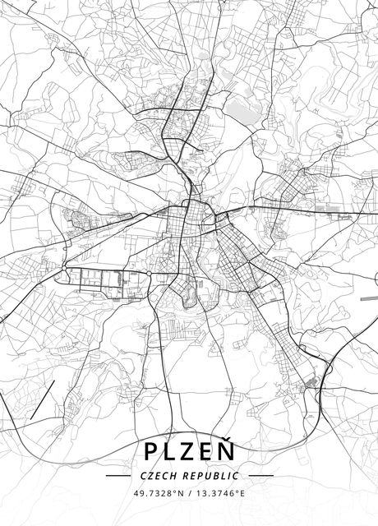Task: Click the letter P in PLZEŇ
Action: tap(152, 451)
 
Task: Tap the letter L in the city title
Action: tap(172, 451)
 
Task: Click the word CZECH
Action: tap(159, 476)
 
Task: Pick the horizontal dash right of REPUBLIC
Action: tap(260, 476)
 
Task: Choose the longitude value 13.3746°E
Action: tap(219, 494)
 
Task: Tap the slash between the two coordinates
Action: tap(187, 494)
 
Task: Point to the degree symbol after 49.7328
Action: tap(174, 491)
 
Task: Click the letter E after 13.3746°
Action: tap(242, 494)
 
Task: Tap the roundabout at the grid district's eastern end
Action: tap(154, 273)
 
